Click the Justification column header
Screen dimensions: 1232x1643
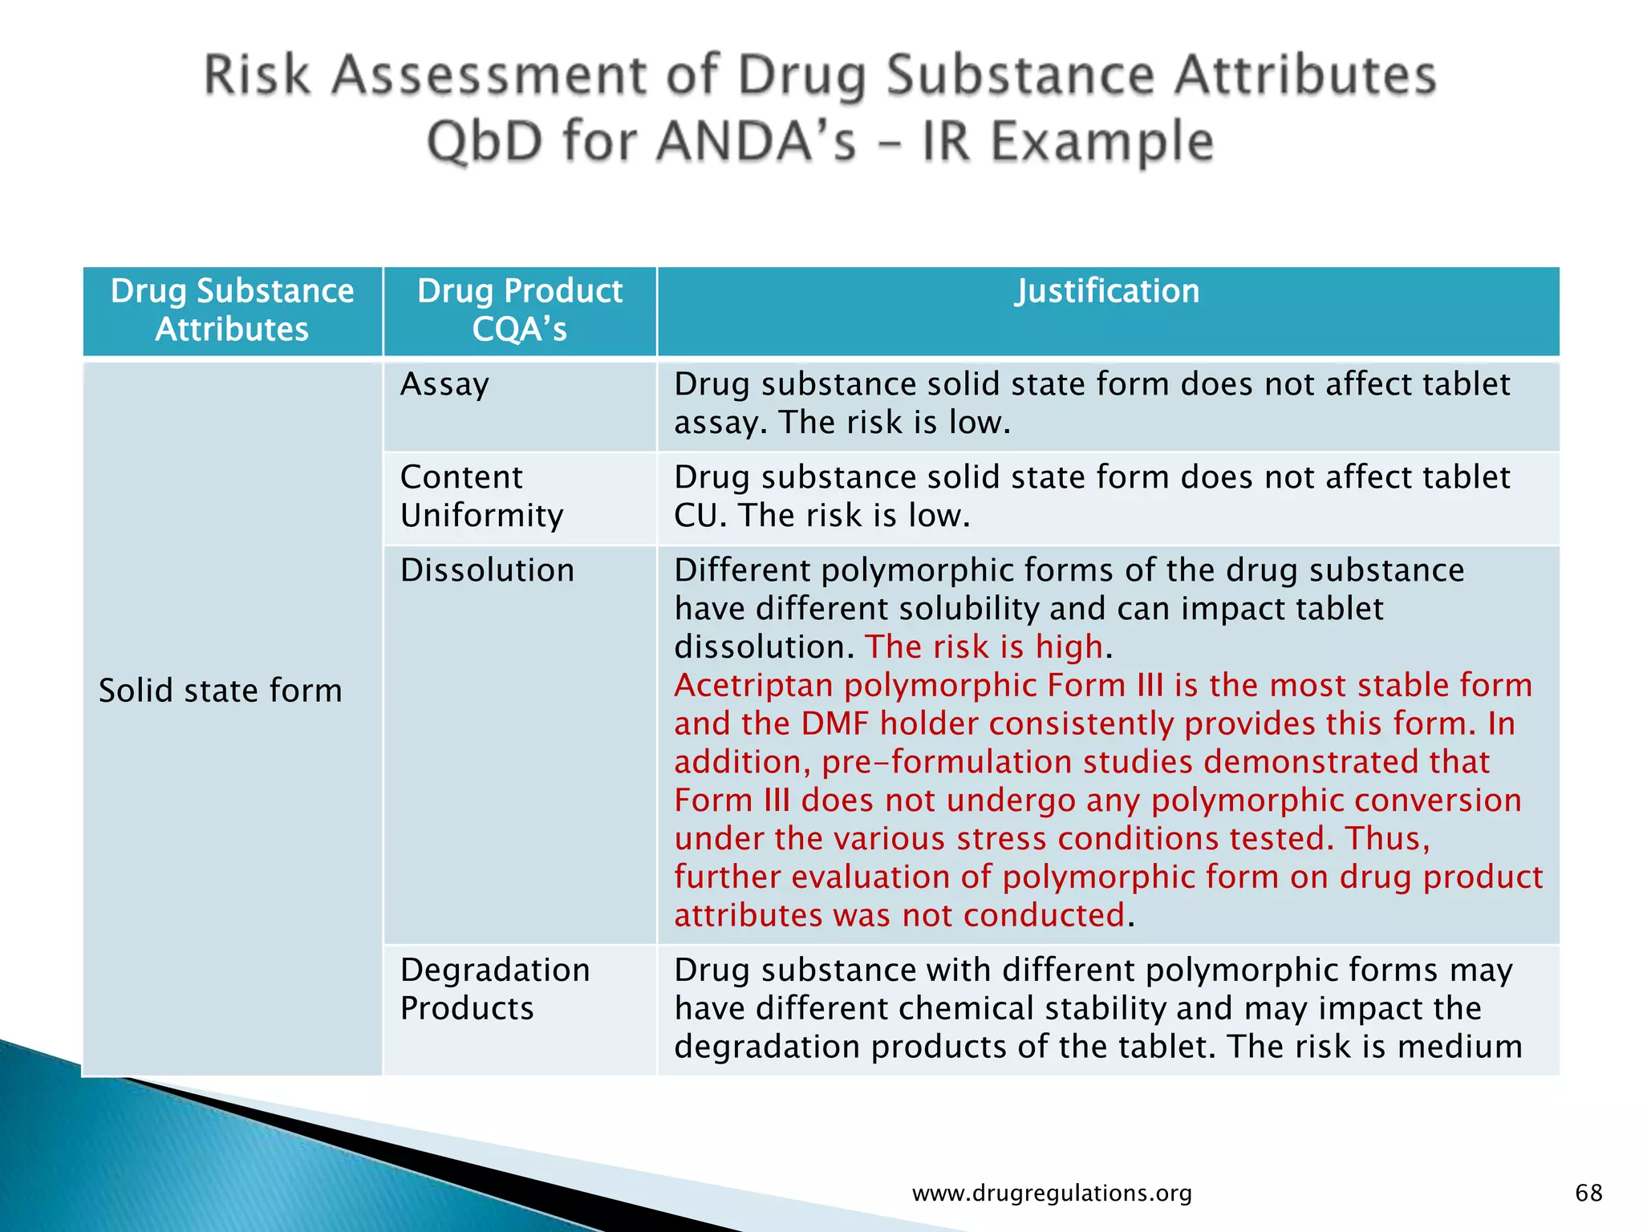pos(1107,291)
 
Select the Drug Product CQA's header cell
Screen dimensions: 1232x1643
pos(520,310)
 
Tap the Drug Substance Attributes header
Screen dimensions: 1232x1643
pos(232,310)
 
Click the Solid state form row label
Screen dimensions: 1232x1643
pos(220,691)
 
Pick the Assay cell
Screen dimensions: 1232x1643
pos(444,384)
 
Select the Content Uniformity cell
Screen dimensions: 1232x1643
pos(481,496)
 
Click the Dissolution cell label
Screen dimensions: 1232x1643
pos(487,570)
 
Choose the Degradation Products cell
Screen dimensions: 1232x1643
pos(495,988)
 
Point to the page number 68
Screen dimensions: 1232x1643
pos(1588,1193)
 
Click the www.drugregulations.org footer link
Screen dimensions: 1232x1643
pos(1052,1193)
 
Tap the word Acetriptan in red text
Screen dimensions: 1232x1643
pos(754,686)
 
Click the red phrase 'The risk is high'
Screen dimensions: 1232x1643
pos(984,647)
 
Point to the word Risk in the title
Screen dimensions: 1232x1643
pos(257,75)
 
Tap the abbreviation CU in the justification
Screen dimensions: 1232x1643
pos(700,516)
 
